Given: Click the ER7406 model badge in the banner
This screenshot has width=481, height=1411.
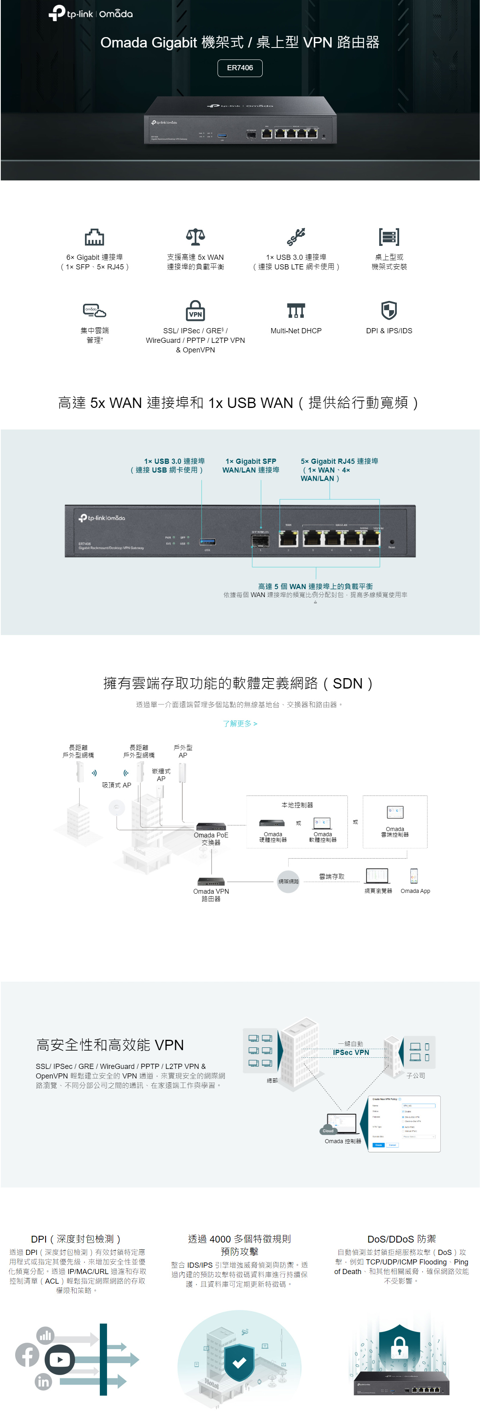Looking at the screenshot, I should [x=240, y=68].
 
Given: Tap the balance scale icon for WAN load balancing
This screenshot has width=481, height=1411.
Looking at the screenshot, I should [x=196, y=237].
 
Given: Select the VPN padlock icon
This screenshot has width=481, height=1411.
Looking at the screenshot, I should [x=196, y=311].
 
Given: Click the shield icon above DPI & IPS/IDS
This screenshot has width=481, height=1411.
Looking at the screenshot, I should [x=389, y=311].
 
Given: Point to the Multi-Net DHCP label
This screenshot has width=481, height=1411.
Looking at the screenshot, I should [x=296, y=331].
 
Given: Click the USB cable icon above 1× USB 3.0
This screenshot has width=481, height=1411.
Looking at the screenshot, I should [x=296, y=237].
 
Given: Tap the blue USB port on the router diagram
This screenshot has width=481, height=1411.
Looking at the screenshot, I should [x=208, y=542].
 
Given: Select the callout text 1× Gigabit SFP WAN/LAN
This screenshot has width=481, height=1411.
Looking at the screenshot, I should [x=251, y=465].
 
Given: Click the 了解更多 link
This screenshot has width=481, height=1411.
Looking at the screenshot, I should [x=240, y=724].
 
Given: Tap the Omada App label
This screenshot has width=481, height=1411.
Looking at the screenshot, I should [x=415, y=891].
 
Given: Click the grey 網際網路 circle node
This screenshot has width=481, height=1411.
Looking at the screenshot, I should [x=289, y=881].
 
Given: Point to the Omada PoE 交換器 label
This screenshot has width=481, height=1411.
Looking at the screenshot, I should [x=211, y=839].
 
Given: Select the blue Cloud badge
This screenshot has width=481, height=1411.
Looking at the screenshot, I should [x=328, y=1130].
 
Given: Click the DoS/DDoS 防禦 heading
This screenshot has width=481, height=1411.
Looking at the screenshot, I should [x=402, y=1239].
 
